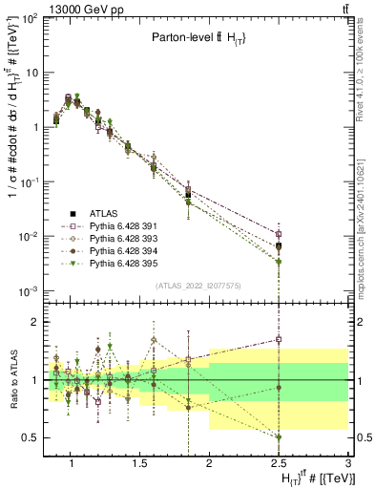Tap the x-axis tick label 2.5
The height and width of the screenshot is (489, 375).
[x=278, y=465]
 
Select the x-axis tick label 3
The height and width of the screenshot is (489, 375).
[x=347, y=465]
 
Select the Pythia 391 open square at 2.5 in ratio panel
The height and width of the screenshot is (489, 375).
[x=278, y=339]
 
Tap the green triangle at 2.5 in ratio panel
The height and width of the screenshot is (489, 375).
[x=278, y=436]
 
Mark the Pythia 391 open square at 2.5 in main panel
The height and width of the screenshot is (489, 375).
[x=278, y=234]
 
